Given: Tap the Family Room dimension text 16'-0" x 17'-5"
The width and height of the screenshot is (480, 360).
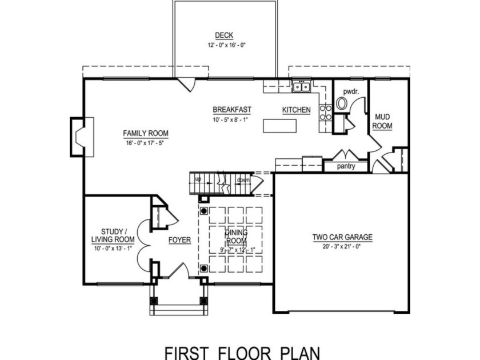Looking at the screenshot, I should point(146,143).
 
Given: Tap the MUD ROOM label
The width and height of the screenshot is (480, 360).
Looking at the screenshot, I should point(382,121).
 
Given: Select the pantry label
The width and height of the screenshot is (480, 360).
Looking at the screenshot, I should point(346,167).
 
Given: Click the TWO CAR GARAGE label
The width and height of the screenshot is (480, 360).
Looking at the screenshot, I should point(342,237).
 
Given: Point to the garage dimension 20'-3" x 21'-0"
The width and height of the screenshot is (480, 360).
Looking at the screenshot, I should point(342,246).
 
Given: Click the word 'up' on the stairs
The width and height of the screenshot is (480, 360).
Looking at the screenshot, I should point(198,179).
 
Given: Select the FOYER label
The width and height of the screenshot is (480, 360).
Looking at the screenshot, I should point(179,240).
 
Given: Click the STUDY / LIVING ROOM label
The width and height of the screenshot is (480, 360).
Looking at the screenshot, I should point(113,235).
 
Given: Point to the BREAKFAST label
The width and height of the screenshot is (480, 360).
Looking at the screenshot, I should point(232,110).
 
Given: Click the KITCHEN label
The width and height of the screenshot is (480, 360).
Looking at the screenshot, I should point(296,110).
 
